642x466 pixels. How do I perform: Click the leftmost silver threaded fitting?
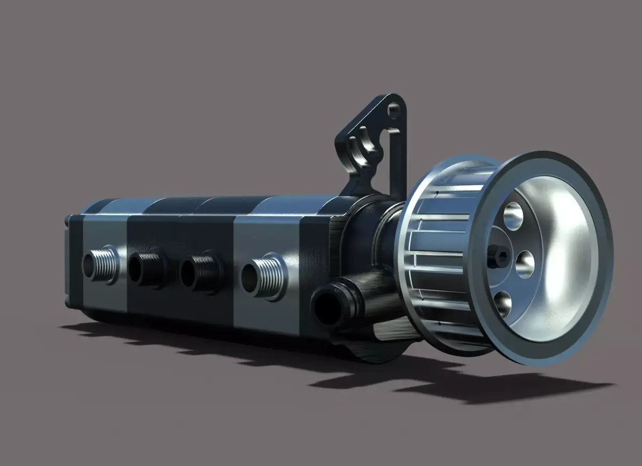click(100, 264)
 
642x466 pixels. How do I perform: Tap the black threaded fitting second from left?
click(146, 270)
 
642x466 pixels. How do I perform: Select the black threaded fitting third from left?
click(199, 273)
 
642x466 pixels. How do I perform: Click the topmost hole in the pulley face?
click(513, 216)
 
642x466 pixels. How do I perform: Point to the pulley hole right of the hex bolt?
click(525, 263)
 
